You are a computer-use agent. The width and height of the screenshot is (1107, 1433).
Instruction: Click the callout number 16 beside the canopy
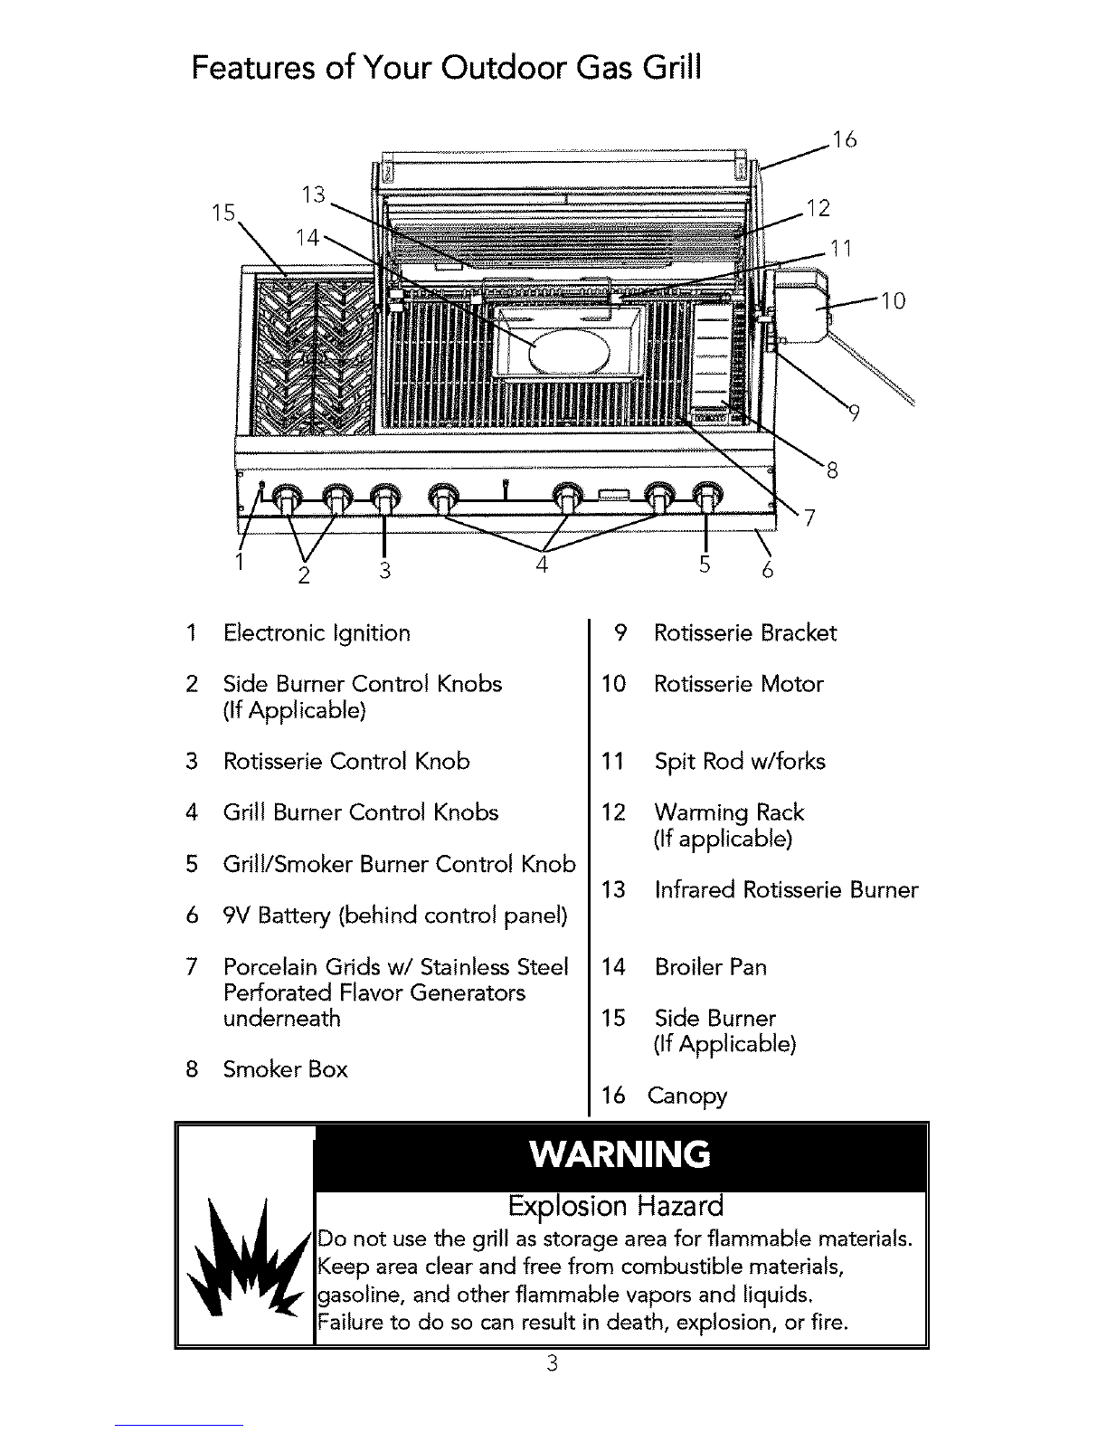[x=844, y=140]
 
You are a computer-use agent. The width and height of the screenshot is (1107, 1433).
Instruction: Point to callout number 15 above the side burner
[x=223, y=213]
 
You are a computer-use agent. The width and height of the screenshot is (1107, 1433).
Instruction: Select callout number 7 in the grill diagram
[x=809, y=517]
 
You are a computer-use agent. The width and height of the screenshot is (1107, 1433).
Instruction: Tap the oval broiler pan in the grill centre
[x=570, y=352]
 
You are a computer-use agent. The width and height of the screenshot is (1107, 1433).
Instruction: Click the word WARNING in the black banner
[x=620, y=1154]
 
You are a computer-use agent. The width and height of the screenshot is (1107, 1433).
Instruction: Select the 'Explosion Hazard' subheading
[x=616, y=1206]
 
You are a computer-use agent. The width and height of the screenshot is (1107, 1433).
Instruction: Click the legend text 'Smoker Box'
[x=285, y=1069]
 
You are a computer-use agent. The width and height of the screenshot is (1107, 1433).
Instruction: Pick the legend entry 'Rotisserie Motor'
[x=738, y=684]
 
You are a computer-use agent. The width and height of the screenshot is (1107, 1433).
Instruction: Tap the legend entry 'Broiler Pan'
[x=710, y=967]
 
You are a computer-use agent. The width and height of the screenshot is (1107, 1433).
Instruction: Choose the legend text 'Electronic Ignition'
[x=317, y=634]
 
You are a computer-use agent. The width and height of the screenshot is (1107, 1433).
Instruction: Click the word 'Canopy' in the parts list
[x=687, y=1096]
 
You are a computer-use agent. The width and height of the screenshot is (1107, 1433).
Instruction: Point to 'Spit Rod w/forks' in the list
[x=740, y=762]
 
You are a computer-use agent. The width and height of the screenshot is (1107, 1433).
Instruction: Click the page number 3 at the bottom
[x=553, y=1362]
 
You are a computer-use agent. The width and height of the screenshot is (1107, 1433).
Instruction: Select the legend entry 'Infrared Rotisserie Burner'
[x=786, y=890]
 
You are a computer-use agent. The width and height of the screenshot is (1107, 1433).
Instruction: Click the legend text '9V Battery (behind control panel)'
[x=395, y=916]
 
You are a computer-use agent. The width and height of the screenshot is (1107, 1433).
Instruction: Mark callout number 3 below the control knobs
[x=385, y=571]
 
